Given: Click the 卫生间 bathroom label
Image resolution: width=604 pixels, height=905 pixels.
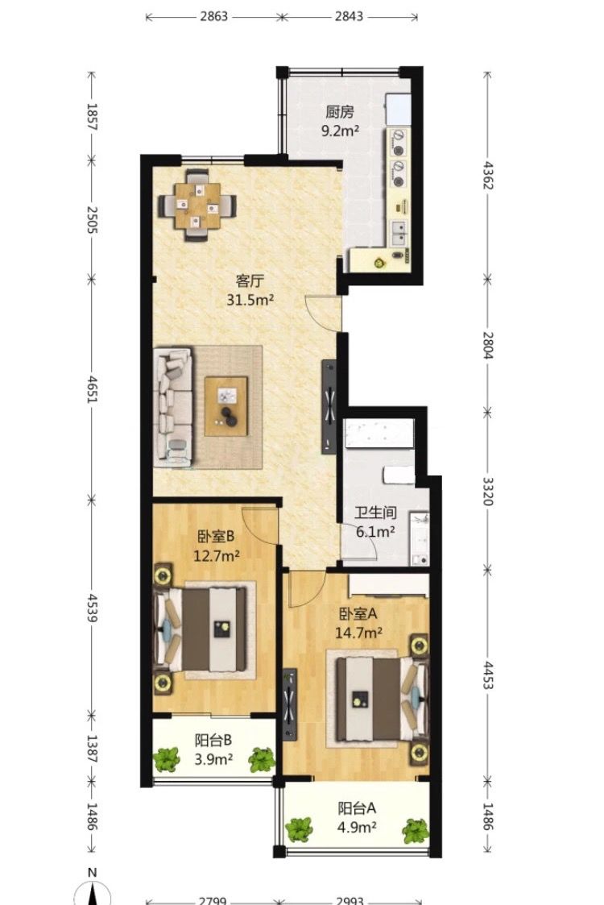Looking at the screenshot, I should pos(375,513).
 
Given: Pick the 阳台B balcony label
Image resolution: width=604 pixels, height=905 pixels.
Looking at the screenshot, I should pos(214,740).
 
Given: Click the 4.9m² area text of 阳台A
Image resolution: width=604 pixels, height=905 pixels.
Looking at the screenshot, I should pos(358,827).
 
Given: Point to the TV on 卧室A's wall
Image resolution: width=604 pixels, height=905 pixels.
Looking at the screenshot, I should pos(289,698).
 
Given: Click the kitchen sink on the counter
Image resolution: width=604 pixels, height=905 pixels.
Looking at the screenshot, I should pos(398,235).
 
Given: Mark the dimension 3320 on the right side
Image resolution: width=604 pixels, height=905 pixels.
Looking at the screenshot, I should pos(487,491).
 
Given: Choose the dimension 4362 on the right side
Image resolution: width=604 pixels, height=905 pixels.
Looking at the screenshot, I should pos(487,173).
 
